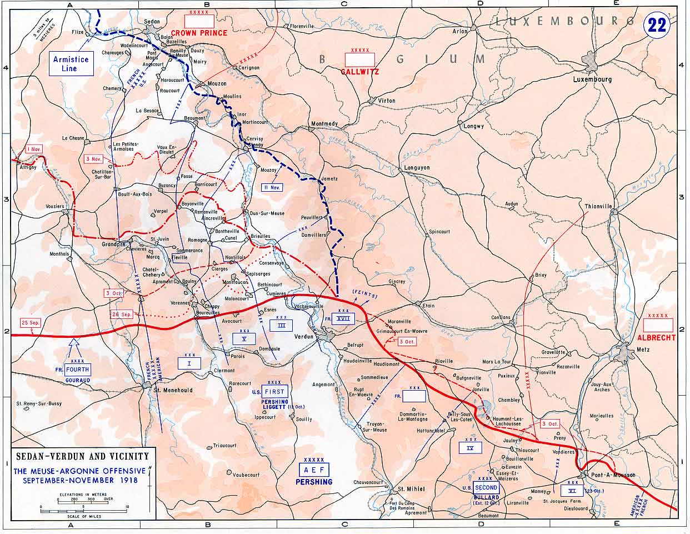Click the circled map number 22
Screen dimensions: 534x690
[656, 25]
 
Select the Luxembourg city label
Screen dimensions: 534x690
[592, 79]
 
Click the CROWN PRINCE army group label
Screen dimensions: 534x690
[199, 33]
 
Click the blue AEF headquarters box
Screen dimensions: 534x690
[314, 469]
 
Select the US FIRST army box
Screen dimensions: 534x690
[275, 392]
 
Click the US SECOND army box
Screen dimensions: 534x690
[486, 488]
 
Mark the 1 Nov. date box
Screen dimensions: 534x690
[34, 149]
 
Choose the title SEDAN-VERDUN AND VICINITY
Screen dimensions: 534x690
[83, 456]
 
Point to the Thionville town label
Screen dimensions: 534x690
[598, 206]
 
